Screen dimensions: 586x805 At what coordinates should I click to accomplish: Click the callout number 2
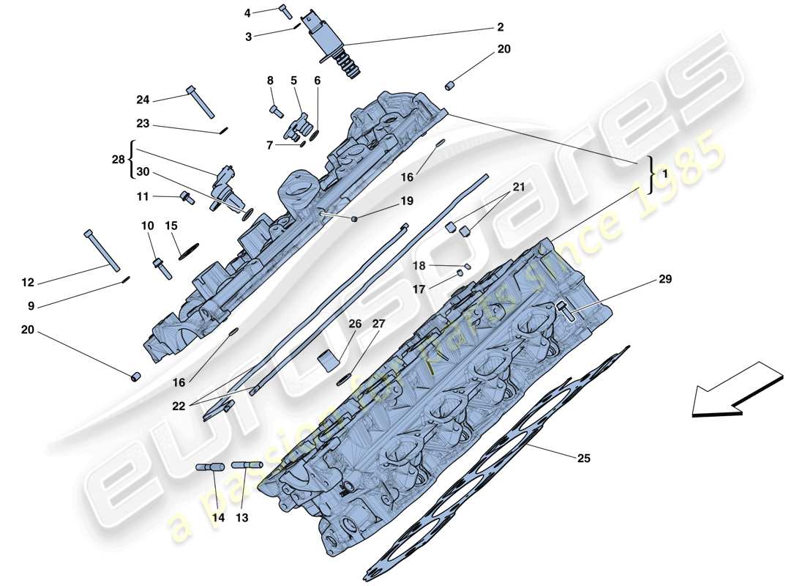click(500, 28)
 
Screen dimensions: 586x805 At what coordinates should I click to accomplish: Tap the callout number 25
click(583, 459)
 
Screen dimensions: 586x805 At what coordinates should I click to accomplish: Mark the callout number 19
click(406, 201)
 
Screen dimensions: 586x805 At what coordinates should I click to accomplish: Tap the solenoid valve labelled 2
click(339, 44)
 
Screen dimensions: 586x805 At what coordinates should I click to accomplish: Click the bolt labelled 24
click(200, 101)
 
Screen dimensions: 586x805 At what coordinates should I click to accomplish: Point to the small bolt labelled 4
click(285, 11)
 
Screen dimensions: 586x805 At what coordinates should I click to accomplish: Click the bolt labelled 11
click(187, 196)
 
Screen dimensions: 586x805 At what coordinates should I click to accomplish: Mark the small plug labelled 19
click(353, 219)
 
